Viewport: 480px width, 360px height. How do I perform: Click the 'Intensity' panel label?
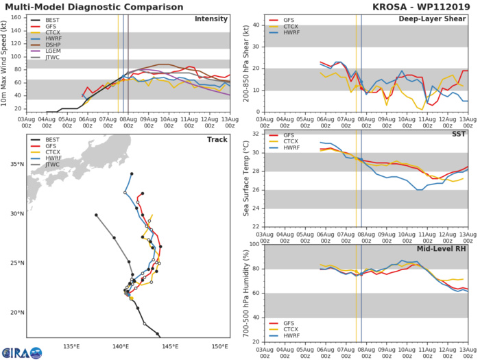pos(211,19)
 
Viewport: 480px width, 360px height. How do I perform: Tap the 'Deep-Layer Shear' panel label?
pos(433,19)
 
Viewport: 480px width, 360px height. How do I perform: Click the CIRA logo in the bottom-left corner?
pos(21,352)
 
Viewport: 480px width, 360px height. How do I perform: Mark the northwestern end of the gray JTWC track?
pos(96,215)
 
